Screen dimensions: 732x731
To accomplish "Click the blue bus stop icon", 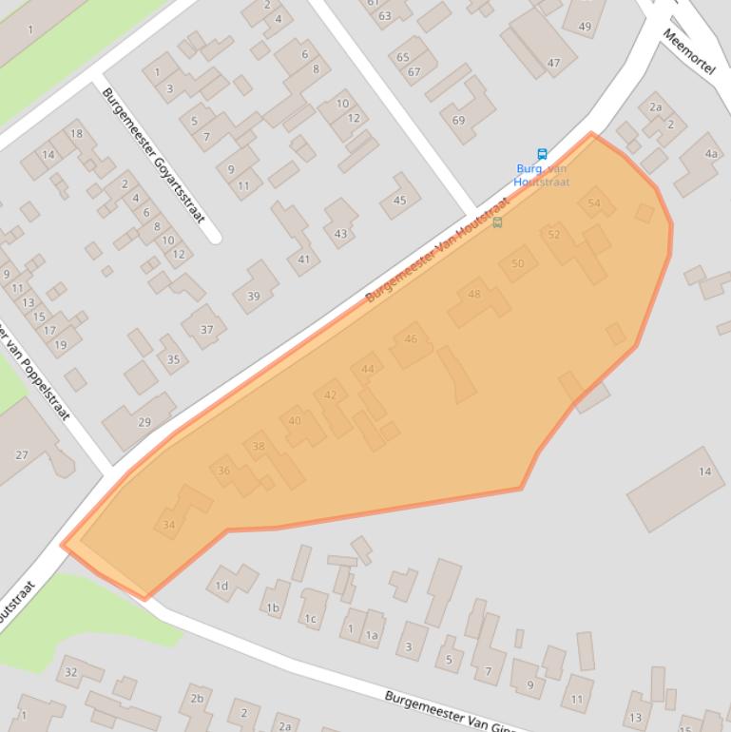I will coord(542,154).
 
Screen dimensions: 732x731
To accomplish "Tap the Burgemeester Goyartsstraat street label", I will coord(153,155).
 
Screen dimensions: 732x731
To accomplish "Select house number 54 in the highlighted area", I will coord(594,203).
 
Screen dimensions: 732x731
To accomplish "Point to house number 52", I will coord(554,235).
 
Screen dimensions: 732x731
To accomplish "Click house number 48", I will coord(474,294).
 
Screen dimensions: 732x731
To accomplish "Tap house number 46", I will coord(411,338).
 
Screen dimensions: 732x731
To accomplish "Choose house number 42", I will coord(331,395).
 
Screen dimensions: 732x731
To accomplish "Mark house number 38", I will coord(259,446).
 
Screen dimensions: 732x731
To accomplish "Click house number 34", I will coord(169,525).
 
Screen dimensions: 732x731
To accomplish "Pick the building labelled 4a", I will coord(711,154).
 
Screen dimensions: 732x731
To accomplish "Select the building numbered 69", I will coord(459,120).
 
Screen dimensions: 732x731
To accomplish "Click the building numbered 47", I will coord(553,64).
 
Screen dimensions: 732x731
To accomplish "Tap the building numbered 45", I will coord(400,200).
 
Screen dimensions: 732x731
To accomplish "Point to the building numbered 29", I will coord(144,422).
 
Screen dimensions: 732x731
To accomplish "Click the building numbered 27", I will coord(22,455).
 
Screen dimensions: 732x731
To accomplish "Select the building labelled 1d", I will coord(221,586).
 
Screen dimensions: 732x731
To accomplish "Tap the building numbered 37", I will coord(206,330).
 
